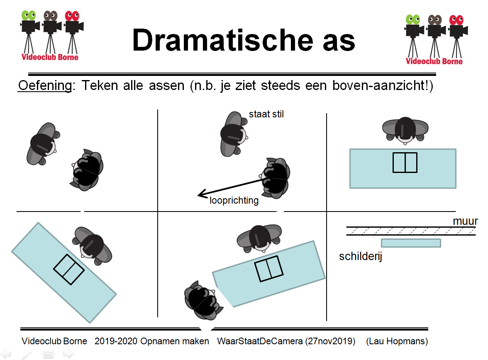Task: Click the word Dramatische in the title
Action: pyautogui.click(x=222, y=40)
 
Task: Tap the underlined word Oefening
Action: pyautogui.click(x=45, y=85)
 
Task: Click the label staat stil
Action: pyautogui.click(x=266, y=114)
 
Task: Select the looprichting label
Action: pyautogui.click(x=234, y=200)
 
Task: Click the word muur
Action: pyautogui.click(x=465, y=221)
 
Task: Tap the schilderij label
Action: pyautogui.click(x=360, y=256)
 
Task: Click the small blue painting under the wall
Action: pyautogui.click(x=411, y=243)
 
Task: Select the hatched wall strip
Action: pyautogui.click(x=411, y=231)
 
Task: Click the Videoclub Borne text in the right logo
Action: pyautogui.click(x=434, y=61)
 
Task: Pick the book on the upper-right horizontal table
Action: pyautogui.click(x=405, y=163)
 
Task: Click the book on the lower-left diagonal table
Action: pyautogui.click(x=69, y=270)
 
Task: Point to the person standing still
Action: pyautogui.click(x=233, y=134)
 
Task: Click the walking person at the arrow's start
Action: pyautogui.click(x=275, y=178)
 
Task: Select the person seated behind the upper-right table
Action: pyautogui.click(x=405, y=130)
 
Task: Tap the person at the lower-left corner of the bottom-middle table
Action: pyautogui.click(x=203, y=300)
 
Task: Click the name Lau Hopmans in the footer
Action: pyautogui.click(x=397, y=341)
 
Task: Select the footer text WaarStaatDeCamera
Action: pyautogui.click(x=260, y=341)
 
